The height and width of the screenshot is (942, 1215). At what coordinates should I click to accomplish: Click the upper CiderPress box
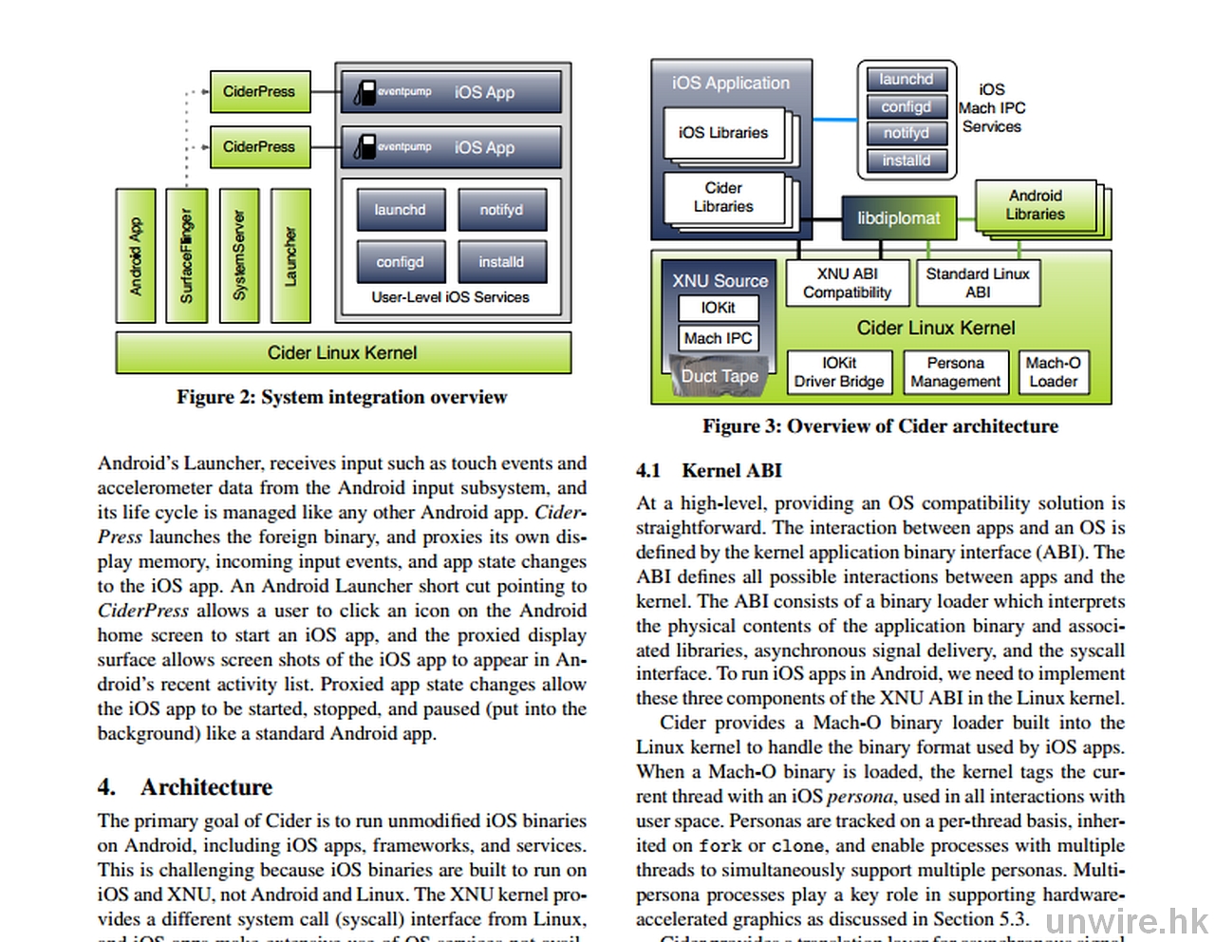pos(259,92)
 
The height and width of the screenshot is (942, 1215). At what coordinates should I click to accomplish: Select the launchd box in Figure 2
pos(401,210)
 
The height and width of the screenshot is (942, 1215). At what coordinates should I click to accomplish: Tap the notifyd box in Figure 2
pos(501,210)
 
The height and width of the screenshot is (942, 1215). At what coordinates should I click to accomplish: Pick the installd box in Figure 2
pos(501,262)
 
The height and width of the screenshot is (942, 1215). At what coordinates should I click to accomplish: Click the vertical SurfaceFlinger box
pos(186,255)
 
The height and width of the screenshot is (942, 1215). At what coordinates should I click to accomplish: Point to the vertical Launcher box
pos(290,255)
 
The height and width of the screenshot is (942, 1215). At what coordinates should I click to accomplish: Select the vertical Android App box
pos(136,255)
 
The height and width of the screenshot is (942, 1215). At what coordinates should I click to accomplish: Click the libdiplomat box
pos(898,218)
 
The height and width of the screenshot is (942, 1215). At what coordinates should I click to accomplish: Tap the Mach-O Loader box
pos(1053,372)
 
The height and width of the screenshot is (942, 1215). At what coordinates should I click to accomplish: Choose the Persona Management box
pos(955,372)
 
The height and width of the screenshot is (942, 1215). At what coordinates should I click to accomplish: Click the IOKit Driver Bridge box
pos(839,372)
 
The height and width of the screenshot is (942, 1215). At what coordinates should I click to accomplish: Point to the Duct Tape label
pos(720,376)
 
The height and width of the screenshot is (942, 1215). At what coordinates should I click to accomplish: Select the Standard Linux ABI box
pos(978,283)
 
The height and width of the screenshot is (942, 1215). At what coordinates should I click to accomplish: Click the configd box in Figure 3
pos(906,107)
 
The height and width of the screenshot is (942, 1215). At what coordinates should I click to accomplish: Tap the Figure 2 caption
pos(342,397)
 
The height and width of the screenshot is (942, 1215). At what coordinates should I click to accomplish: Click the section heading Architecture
pos(206,787)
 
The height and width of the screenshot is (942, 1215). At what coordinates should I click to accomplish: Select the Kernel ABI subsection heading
pos(731,471)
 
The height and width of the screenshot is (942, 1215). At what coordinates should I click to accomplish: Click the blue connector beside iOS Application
pos(834,120)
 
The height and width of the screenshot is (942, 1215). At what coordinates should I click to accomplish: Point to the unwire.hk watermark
pos(1126,920)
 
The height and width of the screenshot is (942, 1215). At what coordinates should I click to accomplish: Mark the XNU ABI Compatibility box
pos(847,283)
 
